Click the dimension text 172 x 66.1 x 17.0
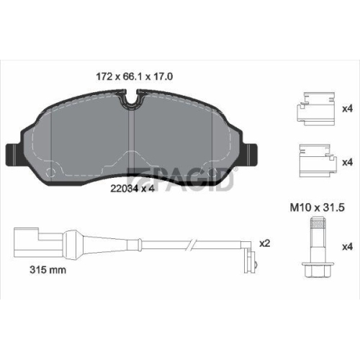tap(135, 74)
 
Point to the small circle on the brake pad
tap(49, 173)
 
